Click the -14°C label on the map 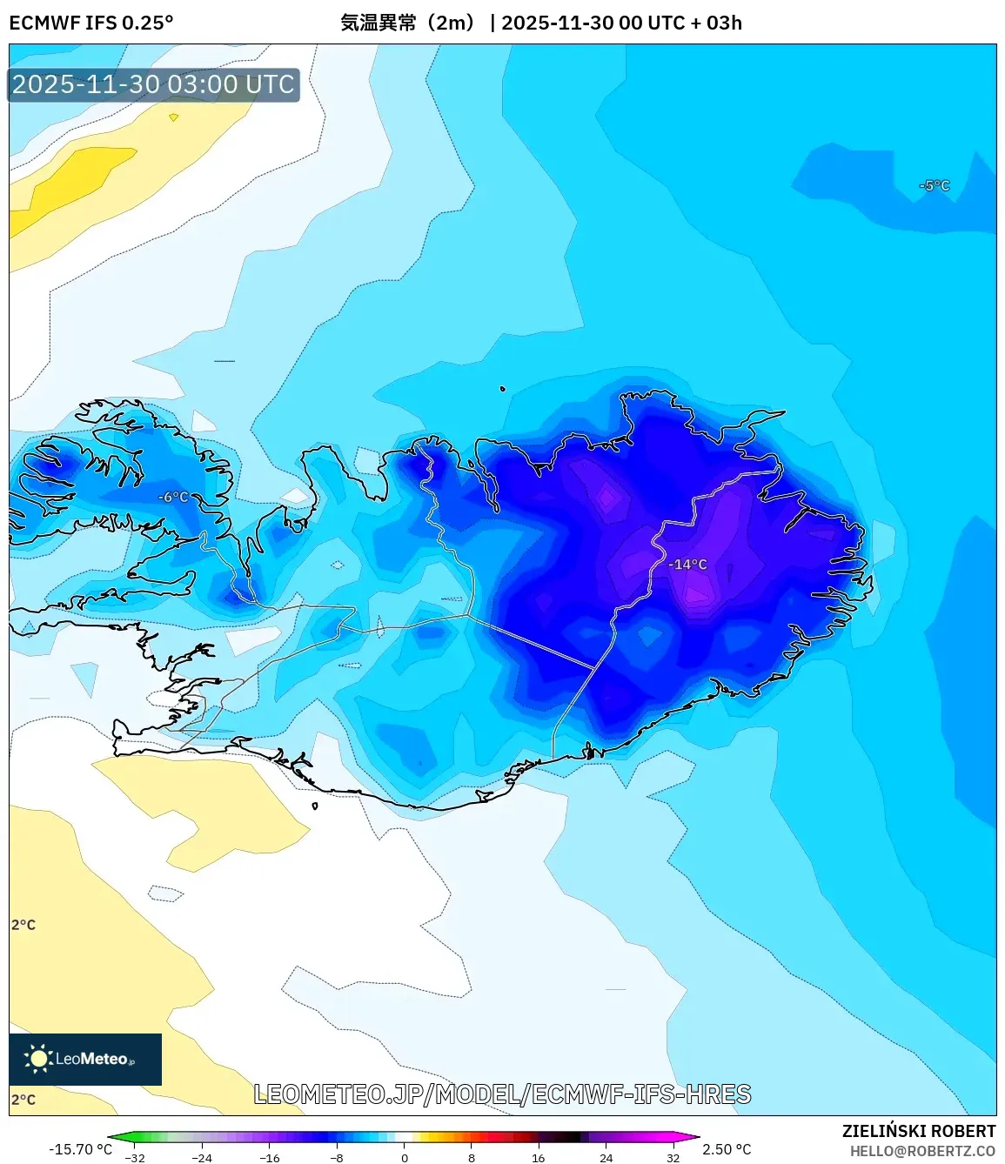click(687, 565)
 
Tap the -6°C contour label click(173, 497)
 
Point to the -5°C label click(935, 185)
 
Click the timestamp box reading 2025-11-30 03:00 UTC click(154, 84)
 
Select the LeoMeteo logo click(85, 1059)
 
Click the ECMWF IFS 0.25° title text click(91, 23)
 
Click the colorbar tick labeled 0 click(405, 1158)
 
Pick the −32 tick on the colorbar click(135, 1158)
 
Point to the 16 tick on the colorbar click(539, 1158)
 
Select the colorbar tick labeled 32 click(673, 1158)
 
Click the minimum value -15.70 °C click(80, 1149)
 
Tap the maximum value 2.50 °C click(727, 1149)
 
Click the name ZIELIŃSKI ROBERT click(919, 1131)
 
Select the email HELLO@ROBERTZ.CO click(922, 1151)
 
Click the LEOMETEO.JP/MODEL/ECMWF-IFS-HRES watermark click(502, 1094)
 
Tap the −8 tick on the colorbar click(337, 1158)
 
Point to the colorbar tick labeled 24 click(606, 1158)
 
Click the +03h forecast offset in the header click(724, 23)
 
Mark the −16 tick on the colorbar click(270, 1158)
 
